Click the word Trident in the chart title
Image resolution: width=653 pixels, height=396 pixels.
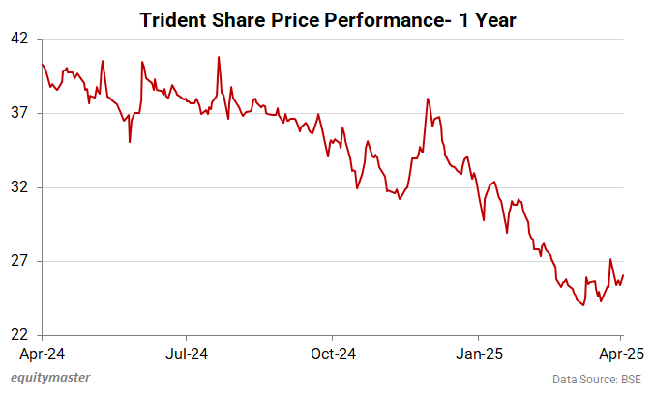pyautogui.click(x=175, y=18)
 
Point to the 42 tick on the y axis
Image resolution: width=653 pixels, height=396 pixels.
pyautogui.click(x=20, y=39)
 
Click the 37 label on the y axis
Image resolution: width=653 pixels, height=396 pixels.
pyautogui.click(x=20, y=113)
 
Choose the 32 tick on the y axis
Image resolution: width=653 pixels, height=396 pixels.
pyautogui.click(x=20, y=187)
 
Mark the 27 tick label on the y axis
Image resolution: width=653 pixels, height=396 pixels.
pyautogui.click(x=20, y=262)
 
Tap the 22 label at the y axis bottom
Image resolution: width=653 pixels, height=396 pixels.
pyautogui.click(x=20, y=335)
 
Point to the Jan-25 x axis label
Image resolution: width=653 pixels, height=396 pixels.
pyautogui.click(x=478, y=354)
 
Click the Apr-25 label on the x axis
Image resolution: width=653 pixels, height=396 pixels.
pyautogui.click(x=621, y=354)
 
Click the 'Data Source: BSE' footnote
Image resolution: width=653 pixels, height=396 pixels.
pyautogui.click(x=596, y=379)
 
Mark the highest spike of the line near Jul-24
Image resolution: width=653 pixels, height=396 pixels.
pyautogui.click(x=219, y=57)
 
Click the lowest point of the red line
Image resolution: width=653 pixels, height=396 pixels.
pyautogui.click(x=583, y=305)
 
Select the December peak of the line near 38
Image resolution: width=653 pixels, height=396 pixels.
pyautogui.click(x=427, y=99)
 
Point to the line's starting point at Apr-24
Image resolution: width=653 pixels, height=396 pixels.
pyautogui.click(x=42, y=64)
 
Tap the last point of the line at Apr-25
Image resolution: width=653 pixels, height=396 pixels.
pyautogui.click(x=623, y=275)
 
